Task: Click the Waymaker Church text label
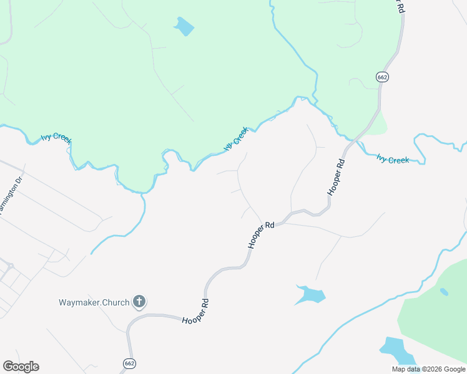point(94,303)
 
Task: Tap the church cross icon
point(139,303)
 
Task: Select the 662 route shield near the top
point(383,77)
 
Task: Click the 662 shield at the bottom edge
point(129,363)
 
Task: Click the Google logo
point(21,367)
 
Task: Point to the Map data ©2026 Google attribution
point(429,369)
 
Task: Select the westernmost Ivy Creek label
point(56,137)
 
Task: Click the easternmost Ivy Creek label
point(393,160)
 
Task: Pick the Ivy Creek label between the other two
point(237,138)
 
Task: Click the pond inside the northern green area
point(184,26)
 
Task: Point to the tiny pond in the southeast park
point(444,291)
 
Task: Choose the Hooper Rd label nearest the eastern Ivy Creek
point(336,178)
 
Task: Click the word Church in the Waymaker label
point(113,303)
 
